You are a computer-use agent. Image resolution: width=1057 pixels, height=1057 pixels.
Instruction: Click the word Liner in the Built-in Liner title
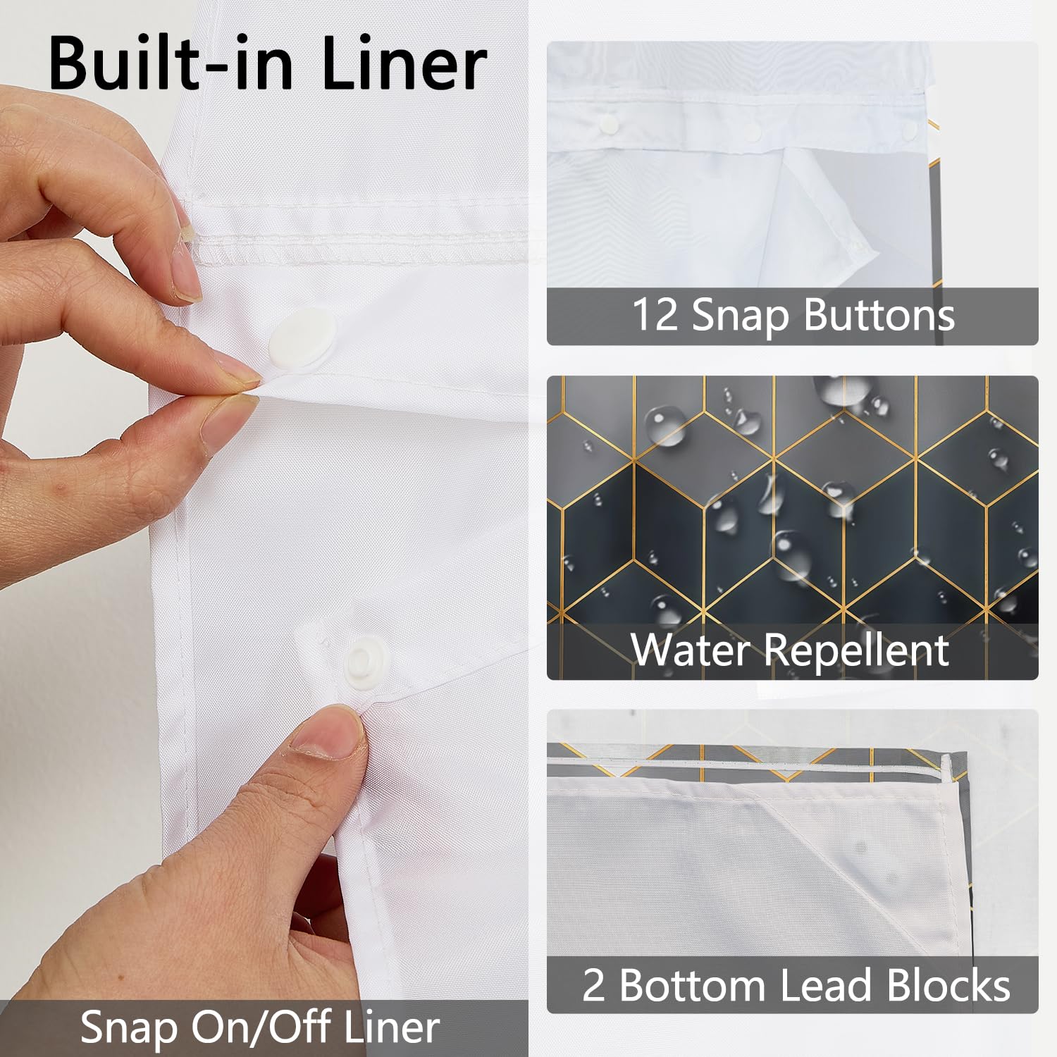point(404,63)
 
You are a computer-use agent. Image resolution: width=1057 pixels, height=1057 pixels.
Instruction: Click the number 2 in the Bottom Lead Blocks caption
point(593,984)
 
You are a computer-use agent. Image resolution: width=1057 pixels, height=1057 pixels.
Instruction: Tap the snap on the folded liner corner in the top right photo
point(855,246)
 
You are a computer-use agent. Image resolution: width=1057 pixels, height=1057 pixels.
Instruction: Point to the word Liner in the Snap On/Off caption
point(392,1027)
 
